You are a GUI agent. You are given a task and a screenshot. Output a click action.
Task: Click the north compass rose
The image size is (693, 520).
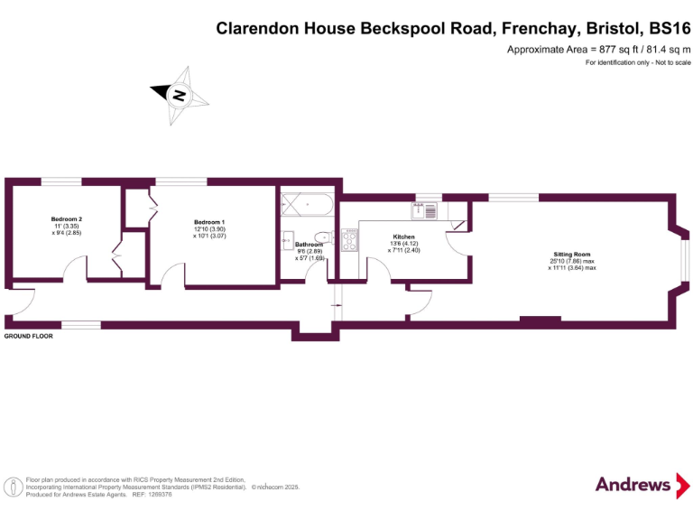(x=178, y=93)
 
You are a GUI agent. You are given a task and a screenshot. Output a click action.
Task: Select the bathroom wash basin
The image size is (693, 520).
(x=288, y=240)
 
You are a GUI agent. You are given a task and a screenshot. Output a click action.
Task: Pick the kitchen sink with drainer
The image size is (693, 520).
(x=423, y=211)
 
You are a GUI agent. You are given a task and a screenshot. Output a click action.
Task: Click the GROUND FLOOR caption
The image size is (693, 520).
(x=29, y=336)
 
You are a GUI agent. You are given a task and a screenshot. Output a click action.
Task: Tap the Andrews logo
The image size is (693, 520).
(x=633, y=485)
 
